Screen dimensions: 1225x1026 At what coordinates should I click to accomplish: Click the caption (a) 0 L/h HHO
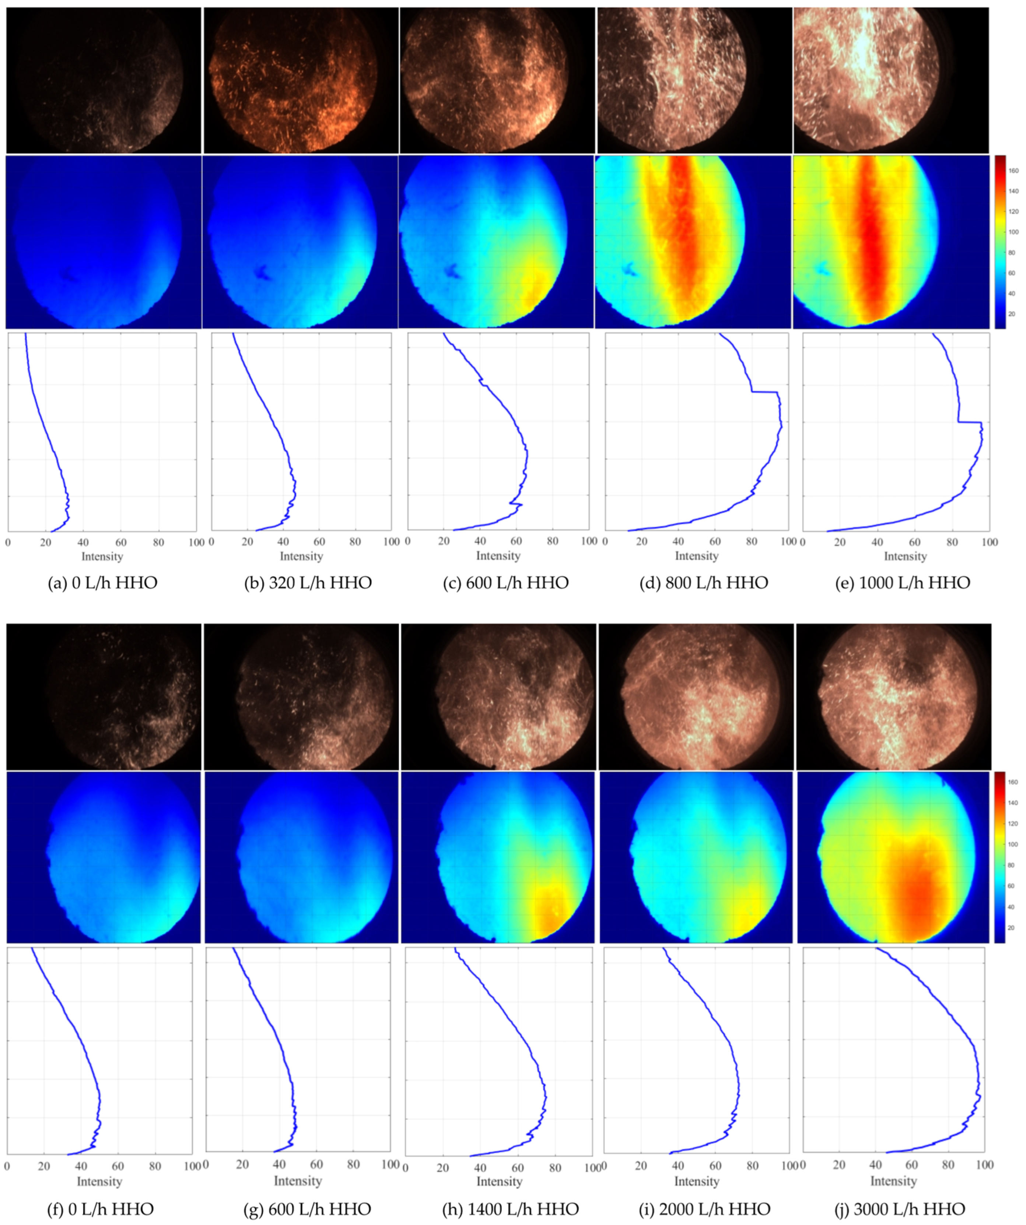102,583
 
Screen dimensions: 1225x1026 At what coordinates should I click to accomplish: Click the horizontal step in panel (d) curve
764,392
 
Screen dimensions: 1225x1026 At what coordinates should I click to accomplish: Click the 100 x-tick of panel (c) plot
589,541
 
